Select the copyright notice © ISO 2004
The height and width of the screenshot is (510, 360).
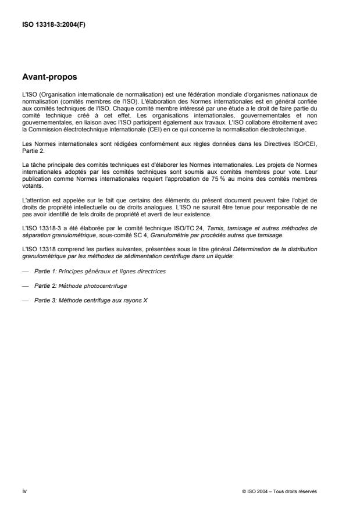coord(279,491)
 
